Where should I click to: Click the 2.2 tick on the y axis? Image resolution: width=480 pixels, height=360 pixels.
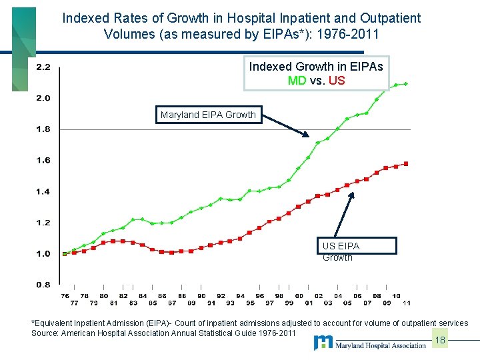click(x=42, y=67)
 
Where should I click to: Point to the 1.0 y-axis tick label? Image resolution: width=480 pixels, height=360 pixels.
click(x=42, y=253)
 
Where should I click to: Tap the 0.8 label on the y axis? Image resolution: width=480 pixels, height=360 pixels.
click(x=42, y=285)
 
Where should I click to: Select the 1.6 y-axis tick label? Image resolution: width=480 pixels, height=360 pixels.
click(x=42, y=160)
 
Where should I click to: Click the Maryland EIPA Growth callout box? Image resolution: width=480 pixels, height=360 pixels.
click(x=207, y=115)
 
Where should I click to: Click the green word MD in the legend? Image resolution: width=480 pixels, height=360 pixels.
click(x=297, y=81)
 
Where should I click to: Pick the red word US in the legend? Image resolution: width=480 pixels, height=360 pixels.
click(x=337, y=81)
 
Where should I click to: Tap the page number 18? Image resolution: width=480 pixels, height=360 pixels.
click(x=439, y=341)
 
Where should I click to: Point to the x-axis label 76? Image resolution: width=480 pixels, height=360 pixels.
click(x=65, y=296)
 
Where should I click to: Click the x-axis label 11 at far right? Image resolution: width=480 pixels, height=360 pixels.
click(x=406, y=303)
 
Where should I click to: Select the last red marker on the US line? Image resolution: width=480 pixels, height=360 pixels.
click(x=406, y=163)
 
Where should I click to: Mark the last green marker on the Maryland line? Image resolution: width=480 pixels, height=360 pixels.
click(x=406, y=84)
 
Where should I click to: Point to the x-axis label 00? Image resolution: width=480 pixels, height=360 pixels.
click(x=299, y=296)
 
